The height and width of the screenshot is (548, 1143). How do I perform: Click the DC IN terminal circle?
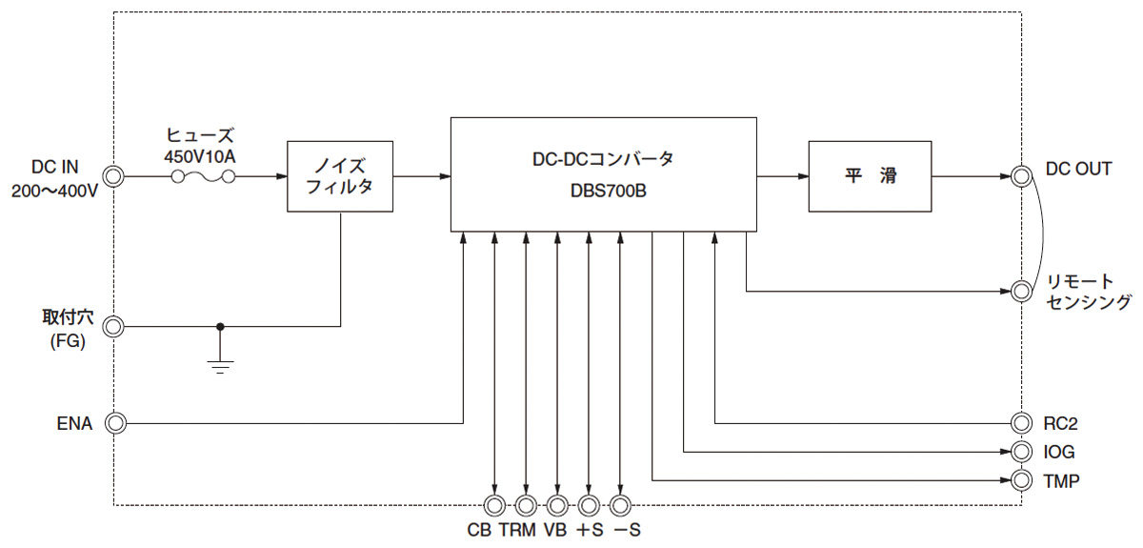tap(113, 177)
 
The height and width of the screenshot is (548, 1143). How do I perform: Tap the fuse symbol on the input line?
tap(201, 177)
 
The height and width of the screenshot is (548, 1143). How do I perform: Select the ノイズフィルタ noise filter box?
tap(341, 177)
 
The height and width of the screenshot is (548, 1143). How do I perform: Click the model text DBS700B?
tap(604, 192)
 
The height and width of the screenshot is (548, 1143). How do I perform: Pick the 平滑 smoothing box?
tap(871, 177)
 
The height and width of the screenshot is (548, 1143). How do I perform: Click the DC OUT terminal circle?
tap(1022, 177)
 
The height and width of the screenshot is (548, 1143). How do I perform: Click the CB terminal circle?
tap(495, 505)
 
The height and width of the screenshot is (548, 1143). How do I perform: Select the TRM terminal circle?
tap(526, 505)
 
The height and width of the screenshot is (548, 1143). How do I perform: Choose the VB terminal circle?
tap(557, 505)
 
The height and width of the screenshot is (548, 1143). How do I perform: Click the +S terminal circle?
tap(590, 505)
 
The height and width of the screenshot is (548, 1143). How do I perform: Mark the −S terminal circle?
tap(621, 505)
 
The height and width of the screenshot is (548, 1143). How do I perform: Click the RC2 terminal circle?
tap(1022, 422)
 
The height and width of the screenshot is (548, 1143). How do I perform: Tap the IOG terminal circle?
tap(1022, 451)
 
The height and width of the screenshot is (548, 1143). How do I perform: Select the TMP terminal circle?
tap(1022, 479)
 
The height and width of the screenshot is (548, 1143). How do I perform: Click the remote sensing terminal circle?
tap(1022, 290)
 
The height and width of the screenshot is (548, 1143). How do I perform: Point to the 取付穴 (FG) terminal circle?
tap(113, 327)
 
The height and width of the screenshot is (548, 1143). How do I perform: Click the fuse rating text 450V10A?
tap(200, 154)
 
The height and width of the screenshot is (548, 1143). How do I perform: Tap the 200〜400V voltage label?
tap(55, 191)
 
